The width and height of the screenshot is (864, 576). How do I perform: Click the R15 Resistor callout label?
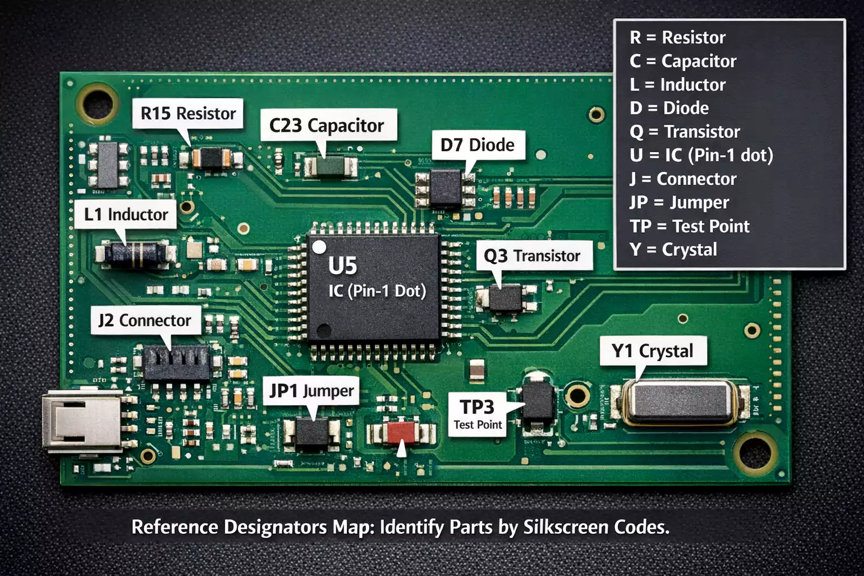coord(188,114)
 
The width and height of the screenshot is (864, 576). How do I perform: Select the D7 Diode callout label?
coord(478,145)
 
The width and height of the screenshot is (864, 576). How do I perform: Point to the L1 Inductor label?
coord(126,214)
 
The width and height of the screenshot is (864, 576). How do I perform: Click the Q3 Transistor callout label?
coord(533,256)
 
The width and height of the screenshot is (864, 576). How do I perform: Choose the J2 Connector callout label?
coord(145,320)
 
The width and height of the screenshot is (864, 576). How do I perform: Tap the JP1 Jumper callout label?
coord(312,390)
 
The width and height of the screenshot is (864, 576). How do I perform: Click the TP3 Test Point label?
coord(478,414)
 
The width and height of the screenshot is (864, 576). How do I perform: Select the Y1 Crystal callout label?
coord(652,351)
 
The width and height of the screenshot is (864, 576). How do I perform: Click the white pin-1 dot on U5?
coord(319,247)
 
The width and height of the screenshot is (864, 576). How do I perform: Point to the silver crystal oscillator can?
coord(679,402)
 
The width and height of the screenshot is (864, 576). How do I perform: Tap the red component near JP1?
coord(400,432)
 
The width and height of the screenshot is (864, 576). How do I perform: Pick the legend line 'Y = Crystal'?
coord(673,249)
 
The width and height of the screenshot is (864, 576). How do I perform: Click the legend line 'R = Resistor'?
coord(677,37)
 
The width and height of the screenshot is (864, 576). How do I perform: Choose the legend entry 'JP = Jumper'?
coord(679,202)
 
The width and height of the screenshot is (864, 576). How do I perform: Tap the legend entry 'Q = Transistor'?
coord(685,132)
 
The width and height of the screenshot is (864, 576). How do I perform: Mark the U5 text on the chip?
coord(343,266)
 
